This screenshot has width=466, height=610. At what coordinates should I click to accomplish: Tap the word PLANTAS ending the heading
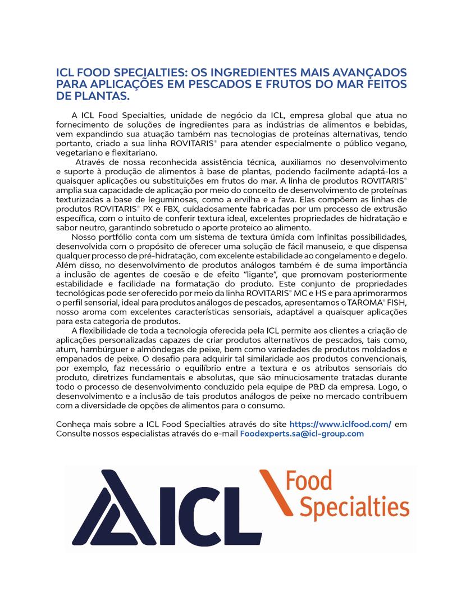[101, 95]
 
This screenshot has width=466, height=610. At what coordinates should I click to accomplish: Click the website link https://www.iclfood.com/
[340, 424]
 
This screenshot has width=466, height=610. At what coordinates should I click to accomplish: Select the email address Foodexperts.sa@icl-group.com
[302, 434]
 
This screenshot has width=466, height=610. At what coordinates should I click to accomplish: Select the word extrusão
[389, 209]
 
